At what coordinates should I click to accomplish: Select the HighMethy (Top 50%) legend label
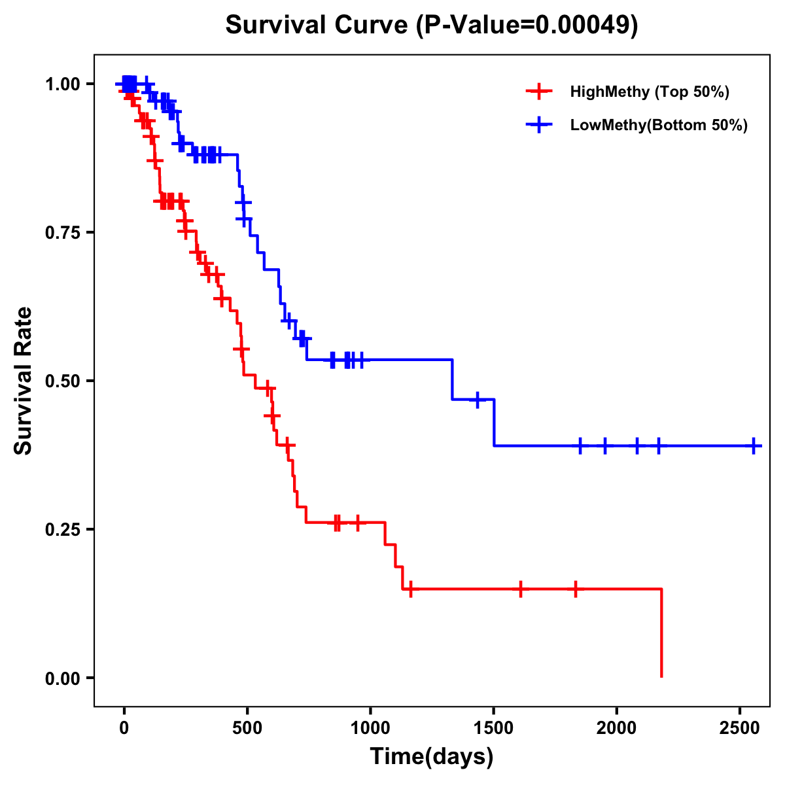[649, 92]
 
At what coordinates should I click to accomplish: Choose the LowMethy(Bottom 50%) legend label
[658, 126]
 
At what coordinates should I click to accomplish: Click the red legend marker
[538, 92]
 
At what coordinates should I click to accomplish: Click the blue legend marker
[538, 126]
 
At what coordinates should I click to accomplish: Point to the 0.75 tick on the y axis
[63, 232]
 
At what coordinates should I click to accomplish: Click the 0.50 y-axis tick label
[63, 381]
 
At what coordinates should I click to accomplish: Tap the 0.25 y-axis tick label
[63, 529]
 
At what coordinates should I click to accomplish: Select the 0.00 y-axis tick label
[63, 678]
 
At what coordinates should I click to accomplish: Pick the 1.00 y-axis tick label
[63, 84]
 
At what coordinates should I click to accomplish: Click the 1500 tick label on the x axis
[493, 727]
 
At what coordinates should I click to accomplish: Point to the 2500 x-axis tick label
[740, 727]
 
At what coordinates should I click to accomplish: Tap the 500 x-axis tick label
[247, 727]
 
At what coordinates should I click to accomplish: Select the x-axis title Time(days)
[432, 757]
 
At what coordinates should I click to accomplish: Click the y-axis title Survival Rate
[24, 381]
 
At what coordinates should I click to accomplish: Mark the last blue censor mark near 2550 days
[754, 445]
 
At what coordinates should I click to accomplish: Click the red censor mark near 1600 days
[520, 589]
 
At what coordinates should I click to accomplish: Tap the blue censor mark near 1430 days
[478, 399]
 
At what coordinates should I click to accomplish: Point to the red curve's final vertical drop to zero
[661, 633]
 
